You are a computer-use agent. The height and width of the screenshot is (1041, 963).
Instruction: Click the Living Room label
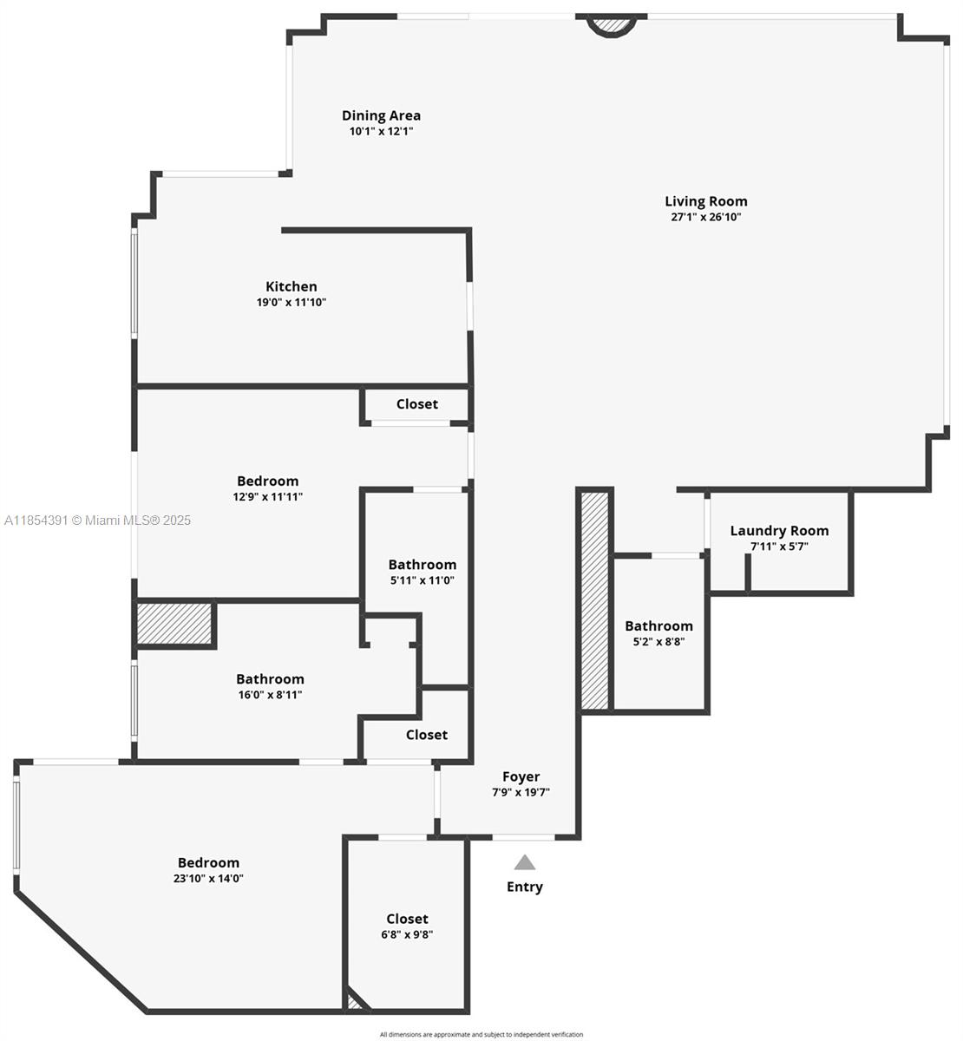coord(705,201)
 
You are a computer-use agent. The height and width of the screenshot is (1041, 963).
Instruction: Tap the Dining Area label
coord(381,115)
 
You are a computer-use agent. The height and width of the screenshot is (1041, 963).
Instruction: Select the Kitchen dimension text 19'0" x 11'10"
coord(291,303)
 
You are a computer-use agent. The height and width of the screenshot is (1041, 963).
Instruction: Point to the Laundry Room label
coord(779,531)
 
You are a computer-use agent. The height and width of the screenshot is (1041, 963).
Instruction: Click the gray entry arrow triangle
coord(524,862)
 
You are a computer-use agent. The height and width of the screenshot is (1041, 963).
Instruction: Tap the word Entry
coord(524,887)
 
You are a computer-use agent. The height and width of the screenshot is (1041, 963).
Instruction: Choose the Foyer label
coord(521,776)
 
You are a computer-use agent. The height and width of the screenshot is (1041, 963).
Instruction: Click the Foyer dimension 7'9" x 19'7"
coord(521,792)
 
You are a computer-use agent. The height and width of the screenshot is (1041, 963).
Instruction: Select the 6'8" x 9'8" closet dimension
coord(407,934)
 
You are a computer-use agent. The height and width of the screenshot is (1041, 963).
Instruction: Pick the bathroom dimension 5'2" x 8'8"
coord(658,642)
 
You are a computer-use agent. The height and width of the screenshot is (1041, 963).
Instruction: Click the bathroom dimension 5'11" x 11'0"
coord(422,580)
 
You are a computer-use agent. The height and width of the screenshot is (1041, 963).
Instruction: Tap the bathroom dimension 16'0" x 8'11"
coord(270,695)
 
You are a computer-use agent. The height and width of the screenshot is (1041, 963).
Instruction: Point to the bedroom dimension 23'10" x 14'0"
coord(208,878)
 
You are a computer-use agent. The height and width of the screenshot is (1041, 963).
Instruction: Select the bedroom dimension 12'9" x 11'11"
coord(267,497)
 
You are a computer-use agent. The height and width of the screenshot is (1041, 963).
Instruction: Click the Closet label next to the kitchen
coord(416,404)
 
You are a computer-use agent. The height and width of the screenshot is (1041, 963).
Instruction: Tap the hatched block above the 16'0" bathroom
coord(174,624)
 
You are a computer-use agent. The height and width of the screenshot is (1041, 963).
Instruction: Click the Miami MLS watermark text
coord(97,520)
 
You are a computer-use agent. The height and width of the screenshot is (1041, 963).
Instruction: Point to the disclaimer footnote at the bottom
coord(481,1034)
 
